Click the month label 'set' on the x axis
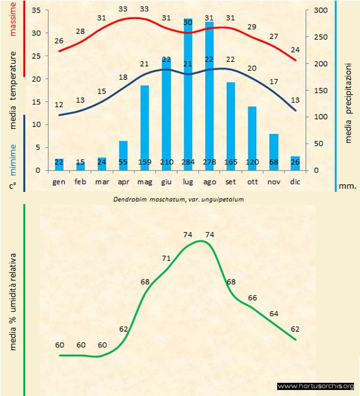tap(230, 181)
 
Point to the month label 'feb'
tap(80, 181)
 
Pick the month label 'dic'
tap(295, 181)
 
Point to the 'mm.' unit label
tap(347, 185)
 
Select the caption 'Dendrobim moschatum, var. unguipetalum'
tap(179, 198)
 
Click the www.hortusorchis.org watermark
tap(316, 386)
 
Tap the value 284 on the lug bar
tap(188, 163)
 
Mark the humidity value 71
tap(166, 258)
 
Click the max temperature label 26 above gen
tap(59, 41)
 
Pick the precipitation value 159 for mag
tap(145, 163)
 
